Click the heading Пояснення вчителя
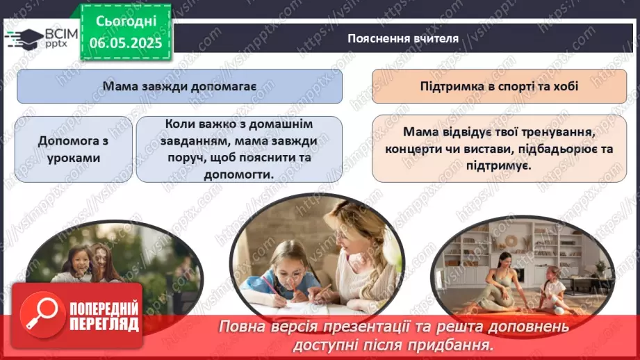403,38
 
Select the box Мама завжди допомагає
180,87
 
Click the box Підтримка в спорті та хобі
499,87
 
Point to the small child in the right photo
552,285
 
